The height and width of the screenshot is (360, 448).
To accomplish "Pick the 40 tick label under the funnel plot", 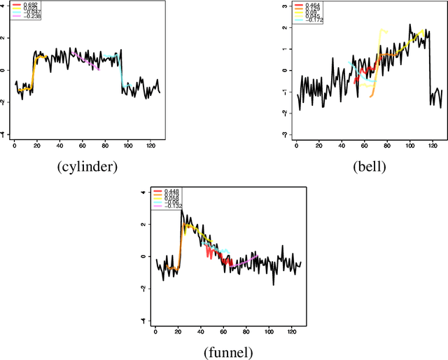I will coord(201,331).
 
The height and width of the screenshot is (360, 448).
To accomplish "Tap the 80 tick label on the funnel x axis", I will coord(246,331).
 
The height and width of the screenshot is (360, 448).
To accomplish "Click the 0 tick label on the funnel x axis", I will coord(155,331).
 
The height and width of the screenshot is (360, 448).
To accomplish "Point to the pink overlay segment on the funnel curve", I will coord(245,261).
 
